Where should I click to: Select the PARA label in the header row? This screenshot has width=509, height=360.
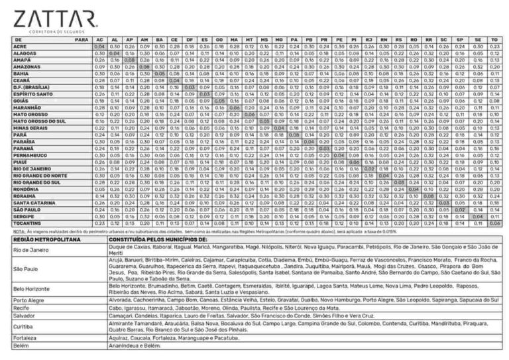pos(82,40)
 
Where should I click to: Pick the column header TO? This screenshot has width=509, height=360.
pos(494,40)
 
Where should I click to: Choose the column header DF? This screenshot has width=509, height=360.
pos(189,40)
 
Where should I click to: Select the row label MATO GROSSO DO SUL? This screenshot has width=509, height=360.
pos(40,121)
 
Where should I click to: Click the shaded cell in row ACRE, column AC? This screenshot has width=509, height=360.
pos(99,47)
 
